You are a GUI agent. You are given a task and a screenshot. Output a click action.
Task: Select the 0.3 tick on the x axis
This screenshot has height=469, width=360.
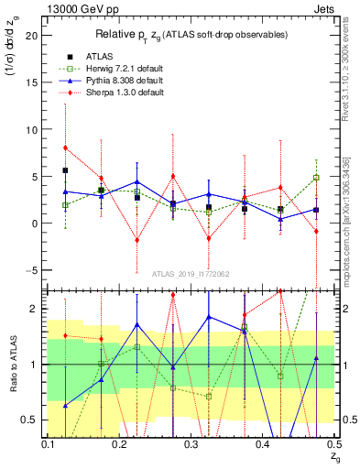[190, 443]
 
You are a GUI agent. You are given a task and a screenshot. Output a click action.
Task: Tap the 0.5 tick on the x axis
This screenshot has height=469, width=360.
[333, 443]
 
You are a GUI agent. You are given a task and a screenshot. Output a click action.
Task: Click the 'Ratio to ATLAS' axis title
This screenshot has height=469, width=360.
[12, 364]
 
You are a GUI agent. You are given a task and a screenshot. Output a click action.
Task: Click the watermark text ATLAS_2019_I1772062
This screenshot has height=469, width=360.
[191, 272]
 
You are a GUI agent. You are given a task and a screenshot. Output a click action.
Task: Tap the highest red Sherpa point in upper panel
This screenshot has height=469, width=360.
[65, 147]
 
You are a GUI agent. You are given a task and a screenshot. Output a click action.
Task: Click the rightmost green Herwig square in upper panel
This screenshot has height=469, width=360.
[316, 178]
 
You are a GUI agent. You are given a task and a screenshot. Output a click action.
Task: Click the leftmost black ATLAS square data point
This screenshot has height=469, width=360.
[65, 170]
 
